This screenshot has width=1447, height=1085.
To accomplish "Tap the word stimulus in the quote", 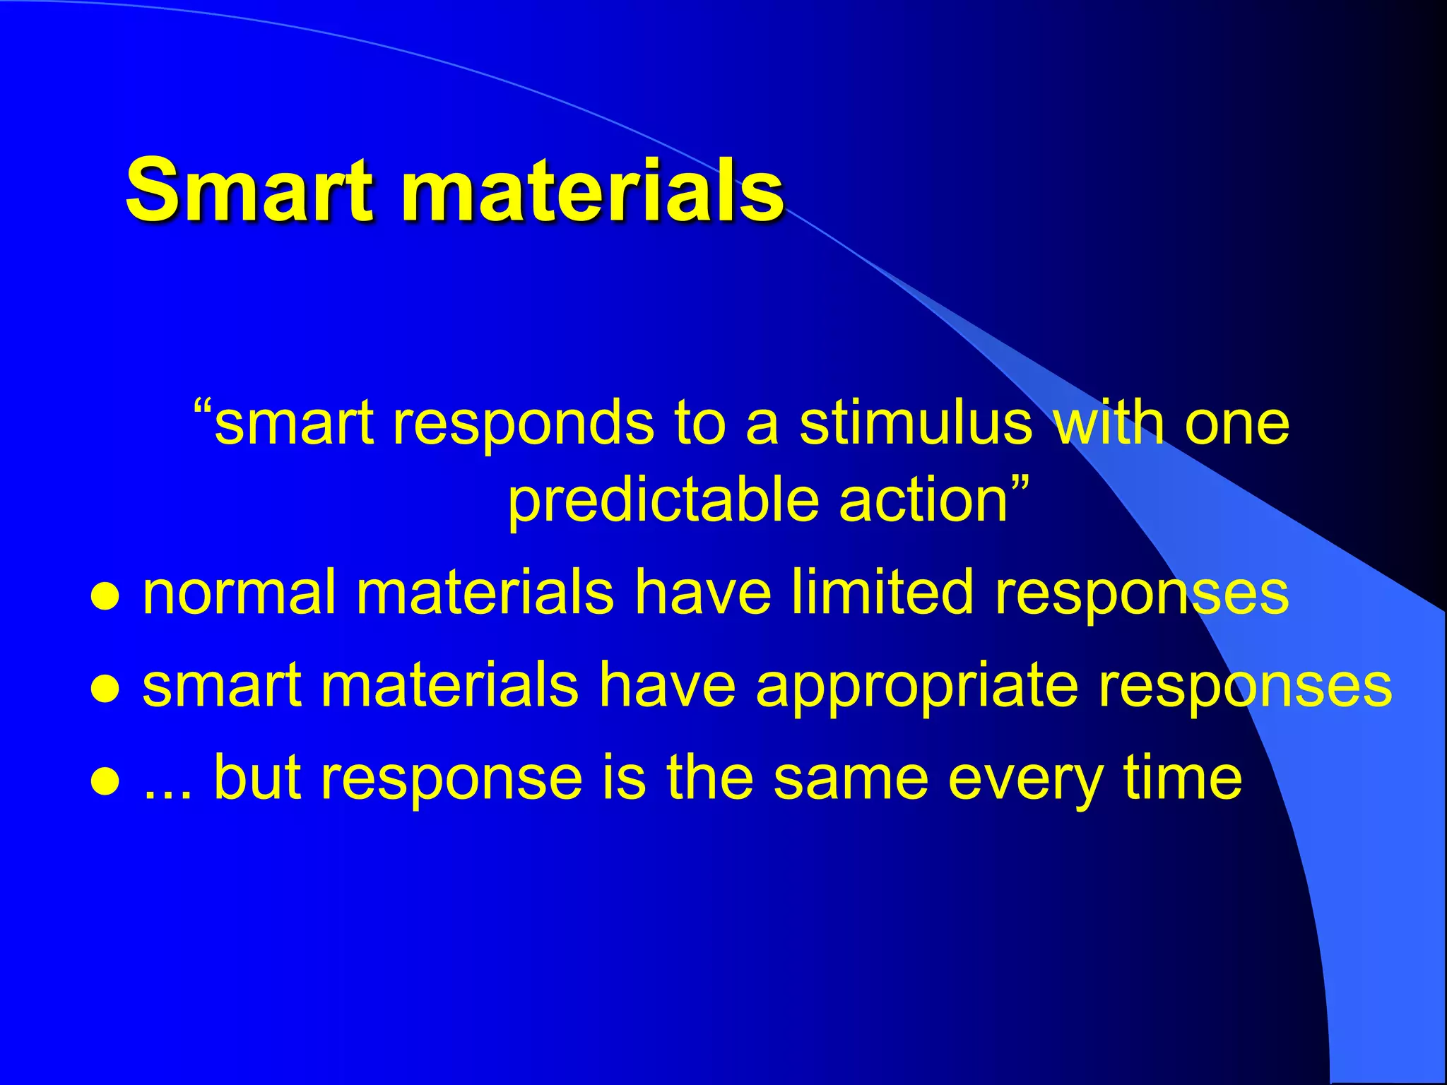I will point(916,424).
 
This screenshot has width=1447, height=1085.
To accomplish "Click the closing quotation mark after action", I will point(1020,486).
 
